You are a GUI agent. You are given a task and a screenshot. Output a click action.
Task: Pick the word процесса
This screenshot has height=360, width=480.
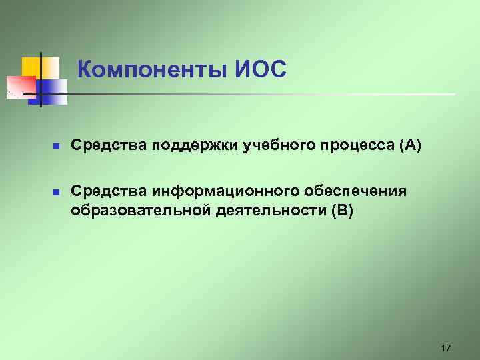pyautogui.click(x=345, y=145)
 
